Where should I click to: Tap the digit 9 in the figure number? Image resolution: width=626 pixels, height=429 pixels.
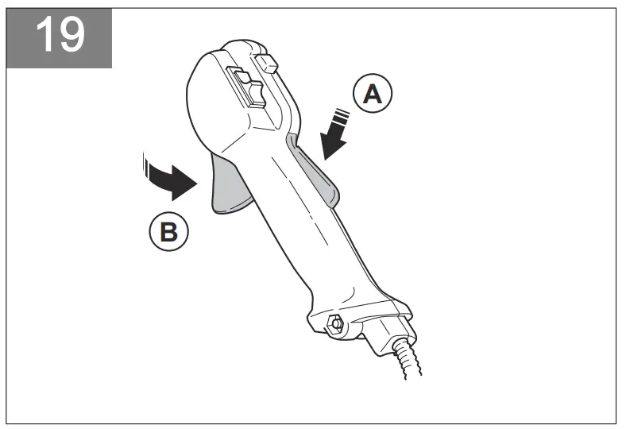click(x=70, y=35)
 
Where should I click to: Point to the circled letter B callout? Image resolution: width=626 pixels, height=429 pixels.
click(x=168, y=232)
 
